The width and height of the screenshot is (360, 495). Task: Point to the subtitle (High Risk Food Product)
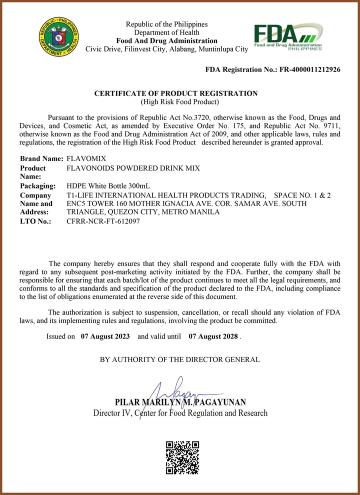180,102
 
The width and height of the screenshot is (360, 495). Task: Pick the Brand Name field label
41,158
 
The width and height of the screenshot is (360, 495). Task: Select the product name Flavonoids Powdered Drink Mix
133,168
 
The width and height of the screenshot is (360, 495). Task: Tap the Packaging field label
37,186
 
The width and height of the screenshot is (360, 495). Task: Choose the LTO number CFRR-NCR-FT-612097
103,221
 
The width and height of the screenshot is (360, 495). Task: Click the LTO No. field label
35,221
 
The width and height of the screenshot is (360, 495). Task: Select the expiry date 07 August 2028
213,336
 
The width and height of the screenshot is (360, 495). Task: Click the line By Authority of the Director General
180,359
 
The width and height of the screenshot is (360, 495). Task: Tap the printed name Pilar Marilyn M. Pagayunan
180,402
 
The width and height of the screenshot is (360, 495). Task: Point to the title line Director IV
180,413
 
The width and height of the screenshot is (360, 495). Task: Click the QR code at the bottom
182,457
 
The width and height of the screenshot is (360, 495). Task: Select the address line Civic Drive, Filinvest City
167,49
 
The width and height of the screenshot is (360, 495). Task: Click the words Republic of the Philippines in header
166,24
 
